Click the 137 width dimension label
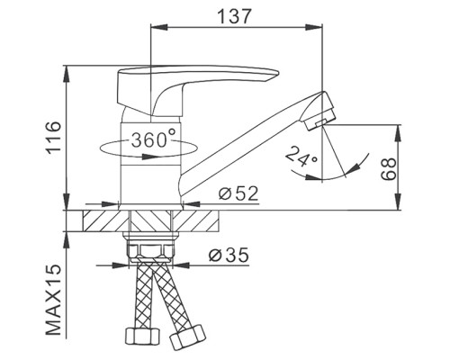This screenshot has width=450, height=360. [x=234, y=16]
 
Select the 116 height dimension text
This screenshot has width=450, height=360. [x=54, y=138]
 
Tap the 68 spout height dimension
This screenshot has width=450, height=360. [x=389, y=168]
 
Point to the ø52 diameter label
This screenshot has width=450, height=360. [x=238, y=193]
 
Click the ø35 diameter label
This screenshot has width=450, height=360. [x=229, y=255]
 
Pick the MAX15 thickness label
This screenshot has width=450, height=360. [x=54, y=301]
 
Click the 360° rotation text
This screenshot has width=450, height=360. [x=154, y=139]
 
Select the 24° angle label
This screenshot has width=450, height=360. [x=301, y=157]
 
